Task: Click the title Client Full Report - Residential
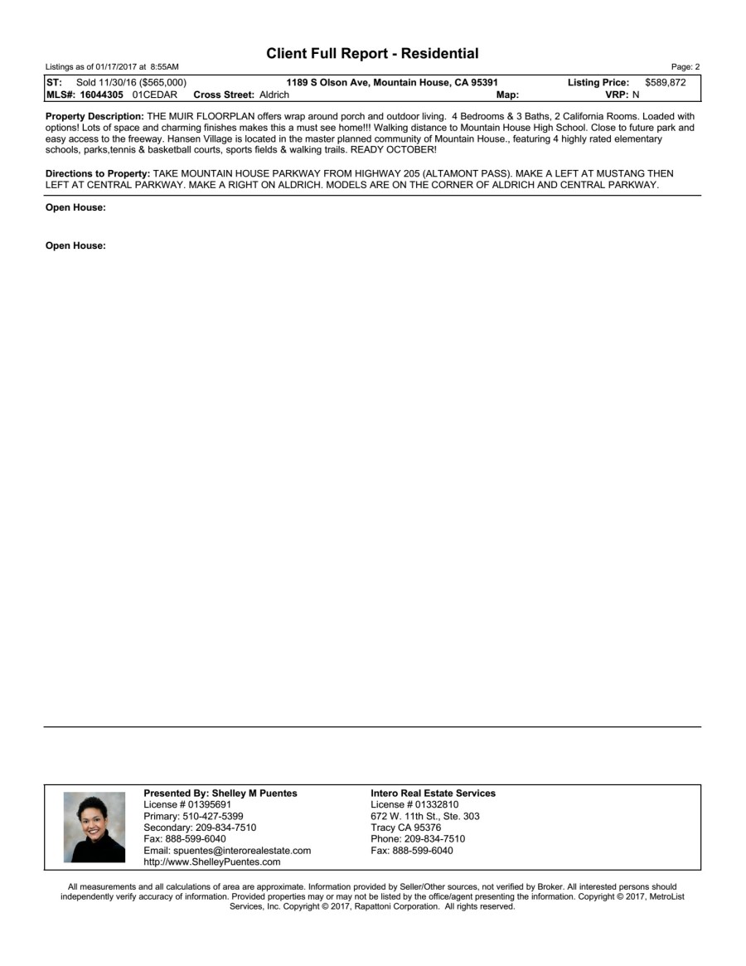point(372,54)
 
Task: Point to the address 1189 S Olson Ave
point(326,82)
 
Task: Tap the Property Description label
point(94,117)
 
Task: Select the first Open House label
point(75,208)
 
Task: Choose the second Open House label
point(75,245)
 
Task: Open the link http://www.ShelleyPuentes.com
point(211,862)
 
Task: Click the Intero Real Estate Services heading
point(433,794)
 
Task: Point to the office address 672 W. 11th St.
point(402,816)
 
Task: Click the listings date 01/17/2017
point(112,66)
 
